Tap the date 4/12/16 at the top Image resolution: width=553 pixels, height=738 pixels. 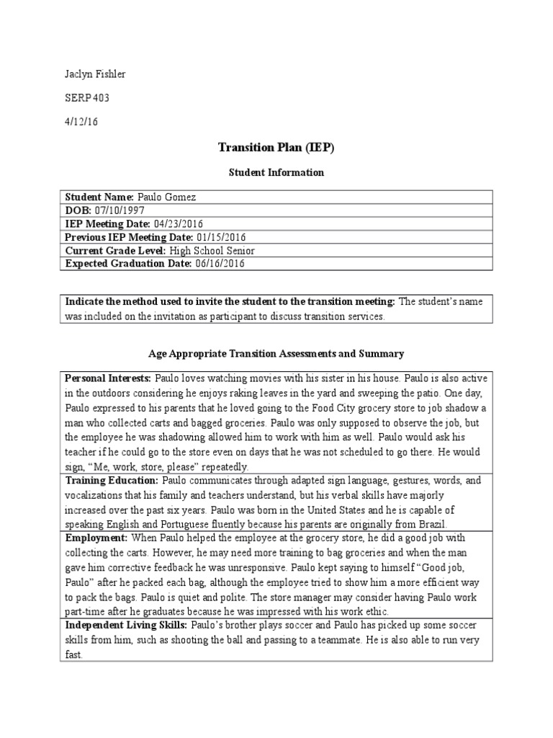(81, 121)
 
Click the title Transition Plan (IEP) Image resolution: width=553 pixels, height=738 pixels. (276, 148)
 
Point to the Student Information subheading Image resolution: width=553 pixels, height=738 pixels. (276, 172)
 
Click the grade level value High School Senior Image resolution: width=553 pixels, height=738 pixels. (212, 251)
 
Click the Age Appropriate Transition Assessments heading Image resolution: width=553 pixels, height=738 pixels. (276, 354)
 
